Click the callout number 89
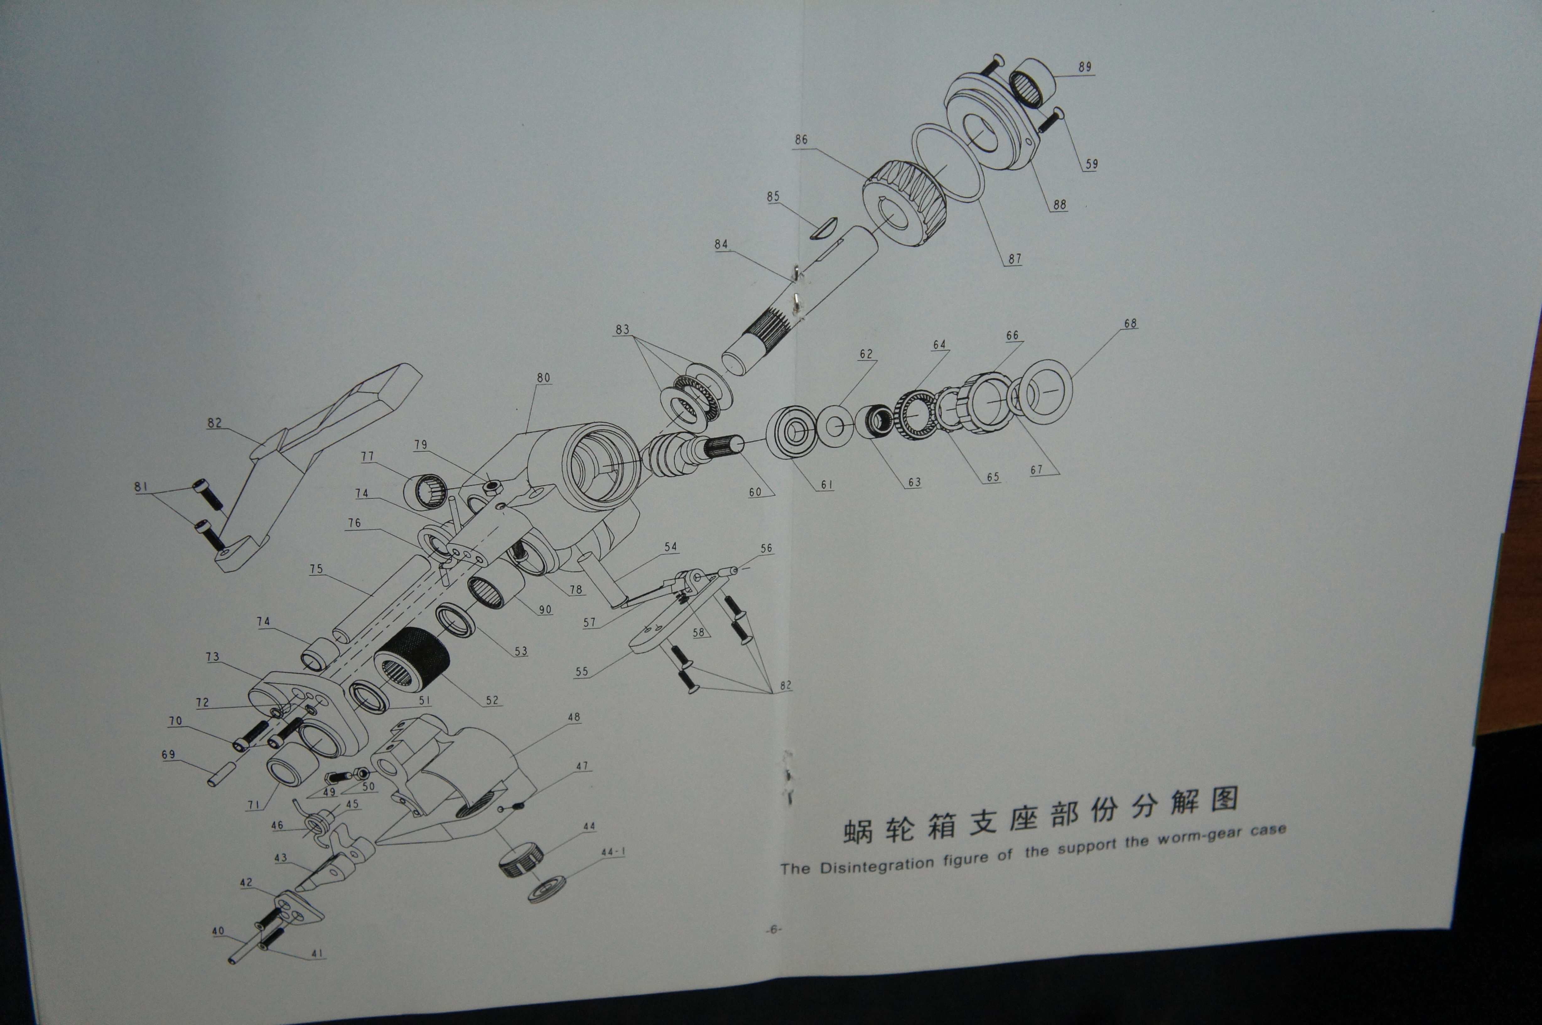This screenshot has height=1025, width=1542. (1085, 67)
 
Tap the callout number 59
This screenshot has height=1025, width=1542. (1092, 164)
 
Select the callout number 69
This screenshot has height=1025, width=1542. (169, 754)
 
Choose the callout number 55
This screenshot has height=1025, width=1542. (581, 671)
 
